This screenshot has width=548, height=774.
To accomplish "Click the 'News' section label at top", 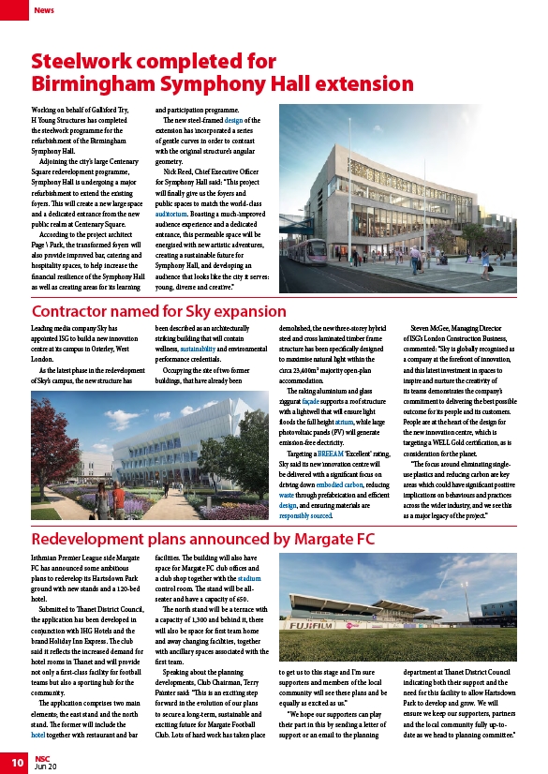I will click(44, 10).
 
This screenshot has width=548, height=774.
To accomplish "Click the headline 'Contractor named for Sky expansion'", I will click(158, 311).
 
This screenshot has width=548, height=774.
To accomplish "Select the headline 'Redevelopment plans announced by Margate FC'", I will click(202, 540).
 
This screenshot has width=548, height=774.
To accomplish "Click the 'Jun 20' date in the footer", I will click(46, 767).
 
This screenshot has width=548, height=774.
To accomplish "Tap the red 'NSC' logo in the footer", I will click(43, 758).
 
